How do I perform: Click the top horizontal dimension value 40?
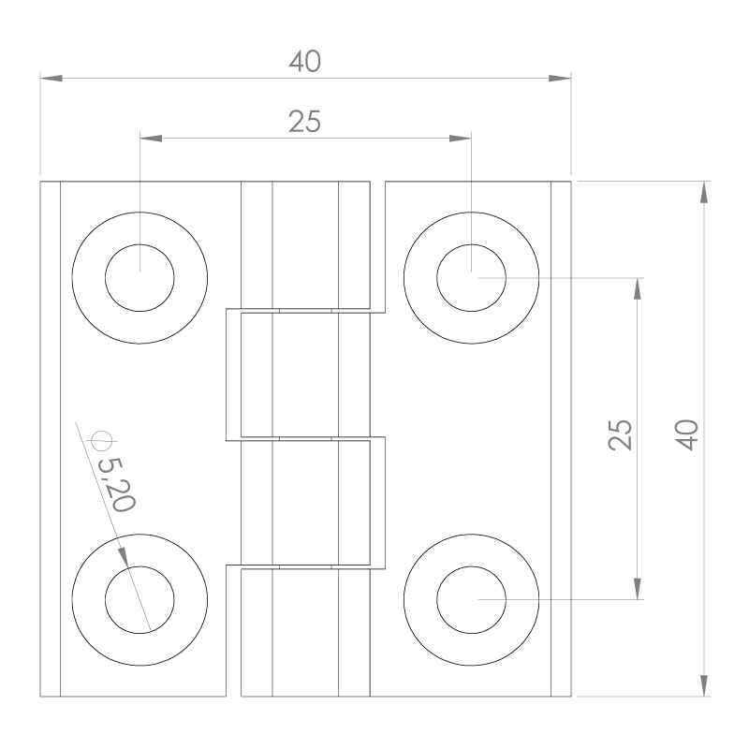pyautogui.click(x=305, y=62)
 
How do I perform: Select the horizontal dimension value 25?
pyautogui.click(x=305, y=123)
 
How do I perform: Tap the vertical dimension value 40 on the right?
pyautogui.click(x=688, y=435)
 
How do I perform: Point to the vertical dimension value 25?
pyautogui.click(x=621, y=435)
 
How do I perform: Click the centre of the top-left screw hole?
pyautogui.click(x=140, y=278)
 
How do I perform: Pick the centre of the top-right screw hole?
pyautogui.click(x=472, y=278)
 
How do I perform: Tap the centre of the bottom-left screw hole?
pyautogui.click(x=140, y=599)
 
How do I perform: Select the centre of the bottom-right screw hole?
pyautogui.click(x=472, y=599)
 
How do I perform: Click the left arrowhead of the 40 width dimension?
pyautogui.click(x=51, y=79)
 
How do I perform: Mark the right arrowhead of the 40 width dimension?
pyautogui.click(x=560, y=79)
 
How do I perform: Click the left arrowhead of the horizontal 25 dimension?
pyautogui.click(x=151, y=139)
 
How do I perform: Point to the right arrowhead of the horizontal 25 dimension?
pyautogui.click(x=460, y=139)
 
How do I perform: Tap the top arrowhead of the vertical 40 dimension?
pyautogui.click(x=704, y=191)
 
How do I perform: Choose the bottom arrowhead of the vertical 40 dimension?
pyautogui.click(x=704, y=685)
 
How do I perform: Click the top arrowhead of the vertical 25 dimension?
pyautogui.click(x=639, y=289)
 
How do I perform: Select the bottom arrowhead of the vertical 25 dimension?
pyautogui.click(x=639, y=588)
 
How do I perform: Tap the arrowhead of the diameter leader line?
pyautogui.click(x=124, y=554)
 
